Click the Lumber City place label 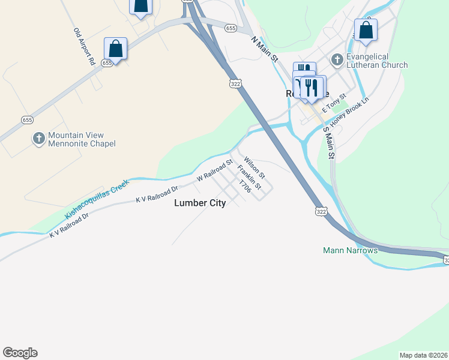pos(200,203)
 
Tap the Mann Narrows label pos(350,250)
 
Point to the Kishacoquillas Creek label pos(97,200)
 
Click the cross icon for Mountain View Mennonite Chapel pos(39,139)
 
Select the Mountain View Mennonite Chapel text pos(82,139)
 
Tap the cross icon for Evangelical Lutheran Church pos(337,59)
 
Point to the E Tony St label pos(334,103)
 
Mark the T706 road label pos(244,185)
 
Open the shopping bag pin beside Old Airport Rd pos(116,49)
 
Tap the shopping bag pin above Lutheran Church pos(366,29)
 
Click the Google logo pos(20,353)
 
